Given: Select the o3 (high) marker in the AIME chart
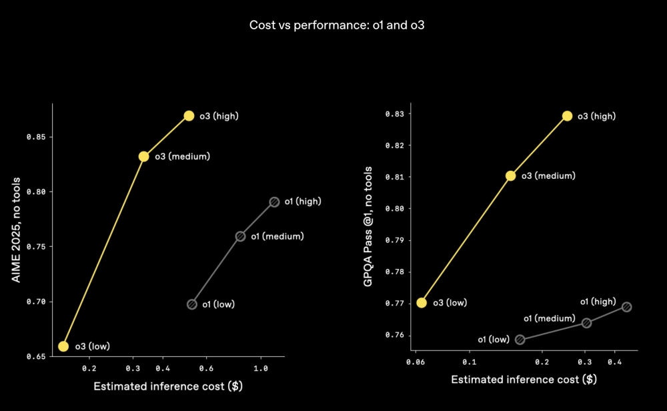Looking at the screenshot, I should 189,116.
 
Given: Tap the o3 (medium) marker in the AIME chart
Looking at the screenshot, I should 143,157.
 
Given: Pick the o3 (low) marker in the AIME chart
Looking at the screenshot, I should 63,346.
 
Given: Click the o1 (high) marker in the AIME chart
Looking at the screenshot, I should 274,201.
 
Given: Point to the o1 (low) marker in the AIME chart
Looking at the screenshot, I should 192,304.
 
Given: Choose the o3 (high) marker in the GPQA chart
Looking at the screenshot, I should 567,116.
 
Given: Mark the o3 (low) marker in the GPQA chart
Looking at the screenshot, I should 422,302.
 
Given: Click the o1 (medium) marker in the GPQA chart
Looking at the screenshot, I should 586,323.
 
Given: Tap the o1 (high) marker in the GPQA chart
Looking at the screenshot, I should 626,307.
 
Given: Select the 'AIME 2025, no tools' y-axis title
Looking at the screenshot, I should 17,230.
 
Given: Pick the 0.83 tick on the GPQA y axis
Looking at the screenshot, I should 394,114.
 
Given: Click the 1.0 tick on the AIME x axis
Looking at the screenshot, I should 261,368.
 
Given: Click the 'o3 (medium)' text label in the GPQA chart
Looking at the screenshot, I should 548,176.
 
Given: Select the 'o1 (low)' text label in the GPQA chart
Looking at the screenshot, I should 493,340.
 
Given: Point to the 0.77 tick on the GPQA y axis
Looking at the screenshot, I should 394,304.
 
